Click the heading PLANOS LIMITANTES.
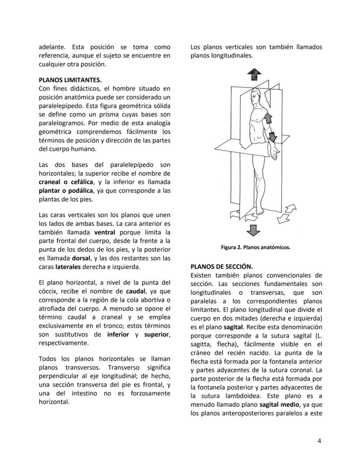pyautogui.click(x=70, y=80)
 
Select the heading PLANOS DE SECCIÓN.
pyautogui.click(x=222, y=266)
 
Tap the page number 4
pyautogui.click(x=319, y=441)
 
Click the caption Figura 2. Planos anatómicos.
pyautogui.click(x=255, y=248)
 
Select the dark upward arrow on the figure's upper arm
pyautogui.click(x=268, y=117)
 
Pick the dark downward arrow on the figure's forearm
pyautogui.click(x=272, y=136)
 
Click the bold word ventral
pyautogui.click(x=104, y=232)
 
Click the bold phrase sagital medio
pyautogui.click(x=274, y=404)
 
